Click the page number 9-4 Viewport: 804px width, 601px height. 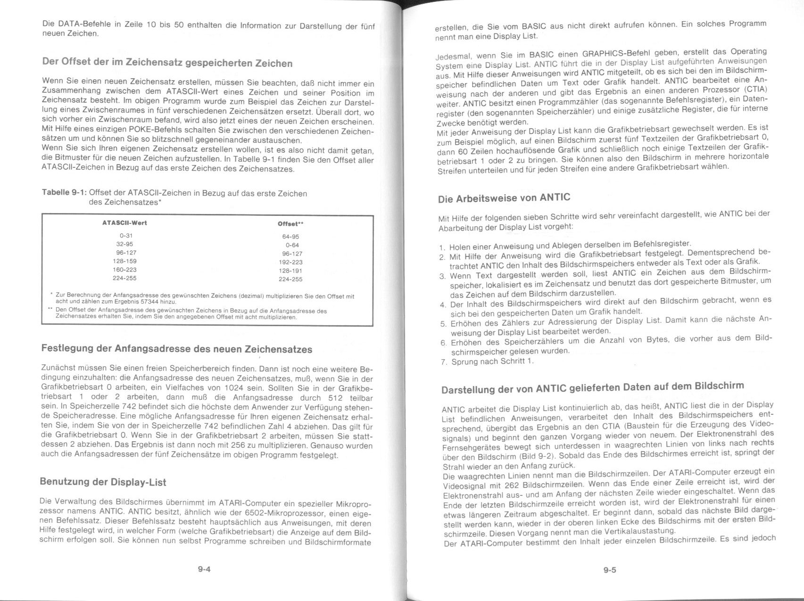(x=204, y=569)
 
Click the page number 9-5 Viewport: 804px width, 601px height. (x=610, y=570)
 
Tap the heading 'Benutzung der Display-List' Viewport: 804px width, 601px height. (x=103, y=482)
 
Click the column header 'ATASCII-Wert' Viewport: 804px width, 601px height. (x=124, y=223)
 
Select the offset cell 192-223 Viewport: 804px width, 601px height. (x=290, y=262)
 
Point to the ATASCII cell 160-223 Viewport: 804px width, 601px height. (x=124, y=270)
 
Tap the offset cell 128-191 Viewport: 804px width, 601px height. (x=290, y=271)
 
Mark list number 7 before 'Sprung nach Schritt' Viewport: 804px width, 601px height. (x=443, y=362)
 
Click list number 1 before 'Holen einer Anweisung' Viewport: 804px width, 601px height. (x=441, y=247)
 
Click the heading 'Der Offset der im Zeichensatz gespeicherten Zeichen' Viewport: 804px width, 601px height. (x=167, y=63)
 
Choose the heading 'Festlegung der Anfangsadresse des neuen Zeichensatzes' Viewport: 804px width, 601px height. (x=177, y=349)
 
